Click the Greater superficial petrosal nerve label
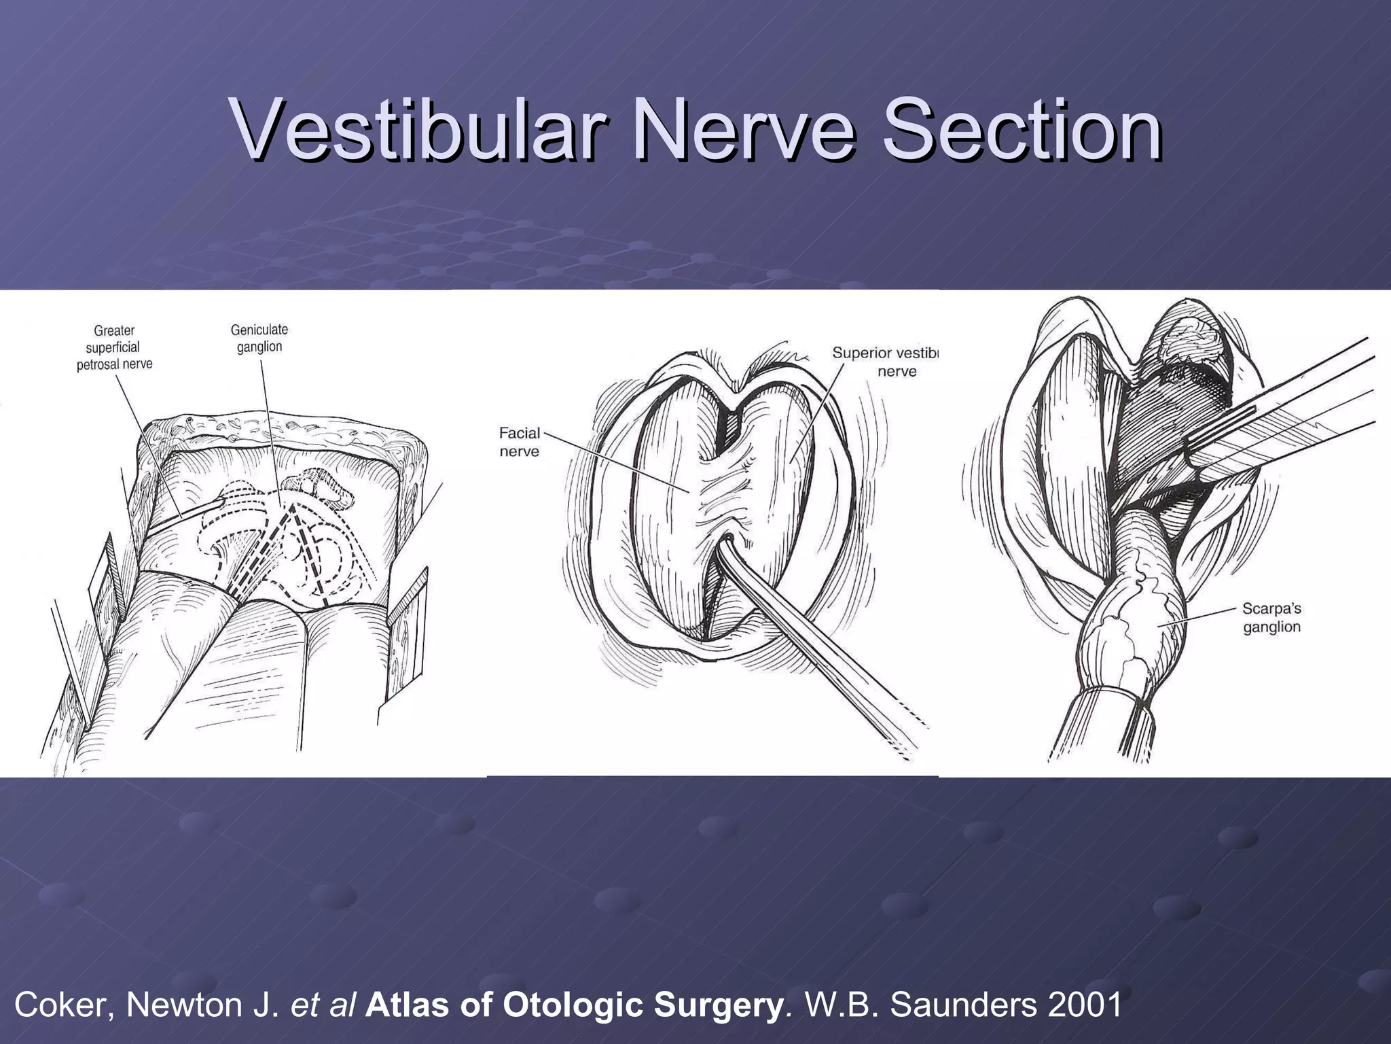(x=114, y=347)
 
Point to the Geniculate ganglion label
(x=259, y=338)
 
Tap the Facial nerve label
(x=520, y=442)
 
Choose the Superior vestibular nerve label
(x=884, y=362)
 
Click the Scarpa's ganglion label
(x=1271, y=617)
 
